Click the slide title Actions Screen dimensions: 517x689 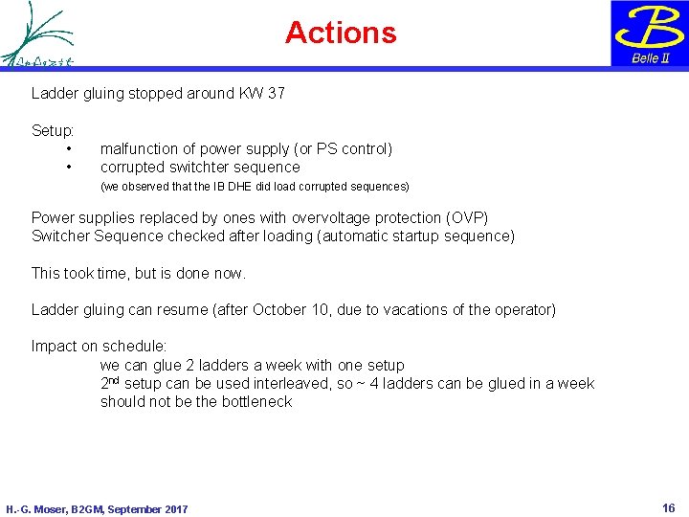coord(341,33)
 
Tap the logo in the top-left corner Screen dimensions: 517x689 coord(37,34)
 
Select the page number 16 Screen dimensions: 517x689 coord(669,508)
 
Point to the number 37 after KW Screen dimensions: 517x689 coord(275,94)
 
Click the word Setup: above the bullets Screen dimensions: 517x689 coord(53,130)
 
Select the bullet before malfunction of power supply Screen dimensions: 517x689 coord(69,149)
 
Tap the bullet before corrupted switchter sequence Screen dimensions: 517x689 coord(69,168)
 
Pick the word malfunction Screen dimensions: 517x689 coord(140,149)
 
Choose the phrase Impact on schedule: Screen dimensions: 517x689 coord(100,347)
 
